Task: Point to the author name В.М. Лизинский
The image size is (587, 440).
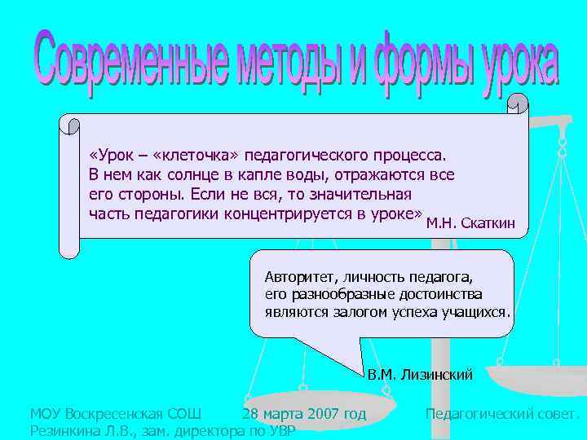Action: point(420,375)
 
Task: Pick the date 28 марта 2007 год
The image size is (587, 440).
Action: point(304,414)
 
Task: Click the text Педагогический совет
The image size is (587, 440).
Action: point(502,414)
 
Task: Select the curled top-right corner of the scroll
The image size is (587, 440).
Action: point(518,105)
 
